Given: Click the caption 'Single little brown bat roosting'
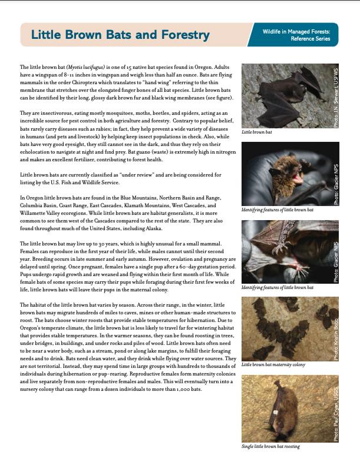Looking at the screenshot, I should [x=270, y=446].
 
